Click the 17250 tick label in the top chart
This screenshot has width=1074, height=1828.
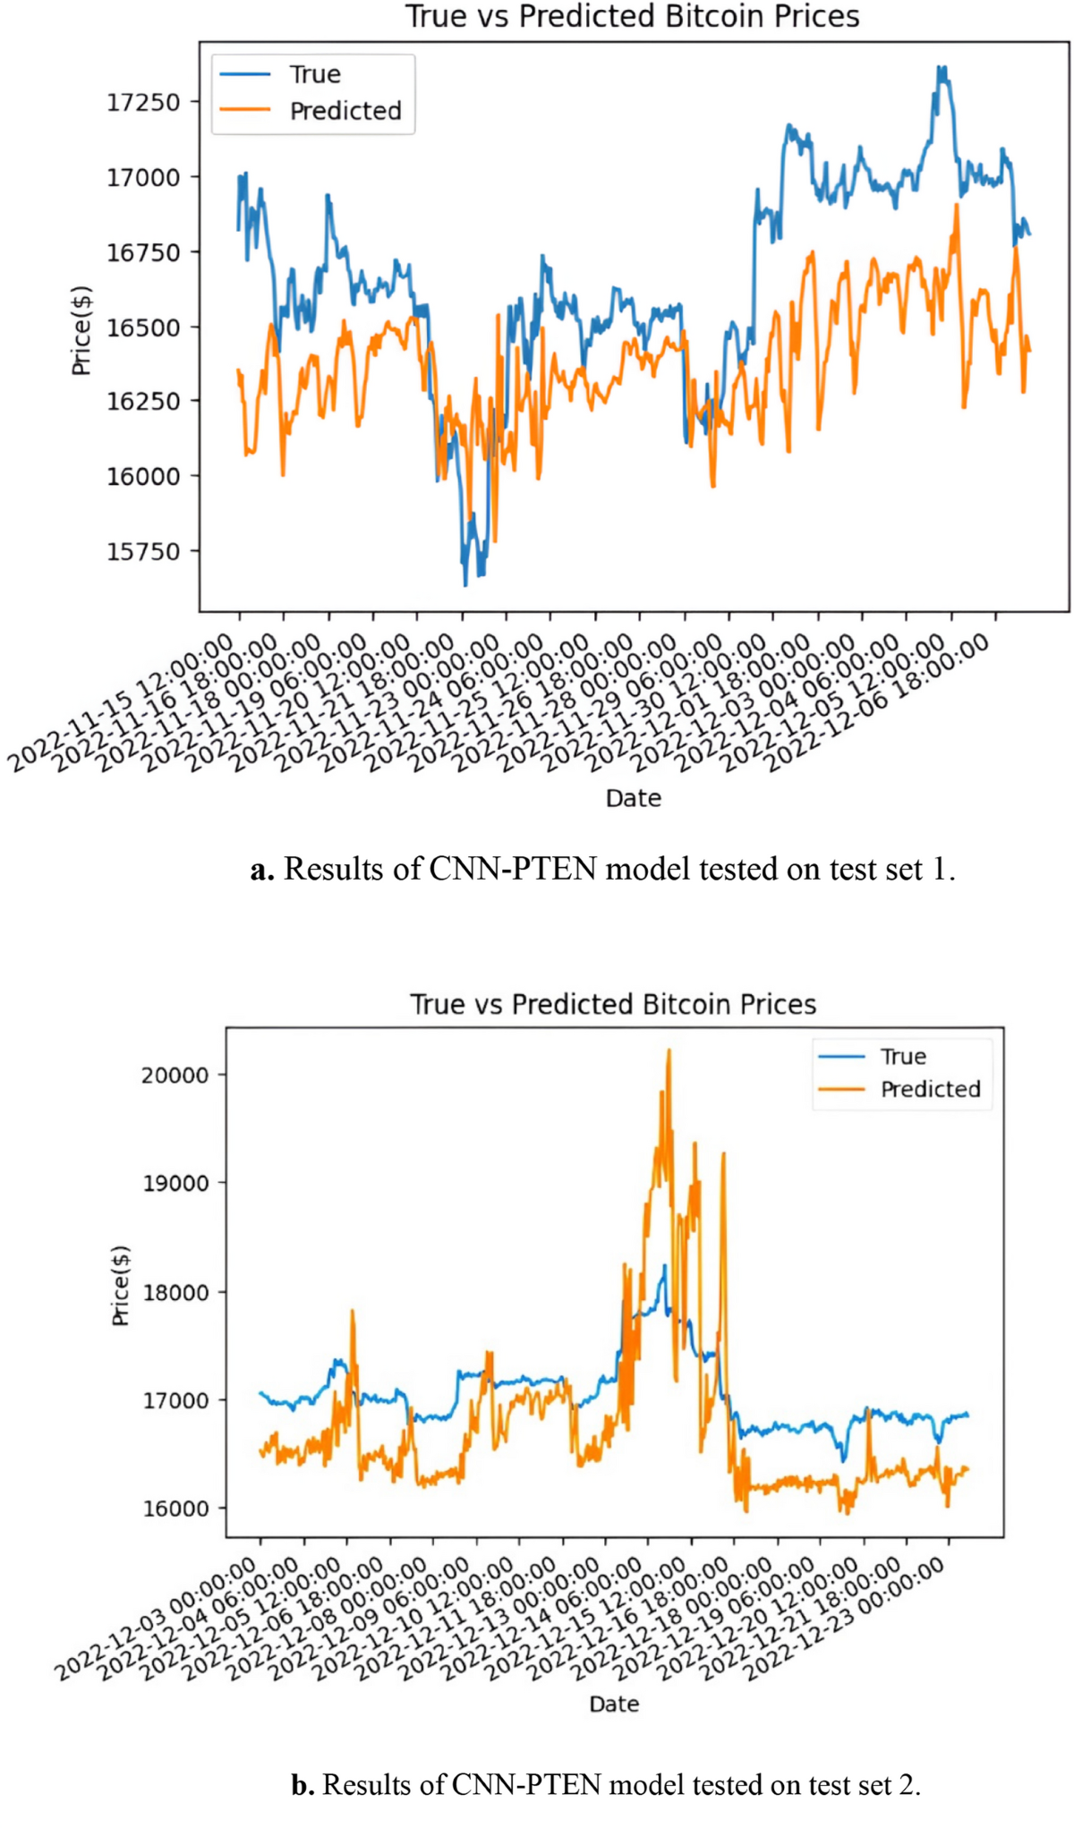tap(143, 103)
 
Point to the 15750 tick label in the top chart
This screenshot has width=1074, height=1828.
tap(143, 552)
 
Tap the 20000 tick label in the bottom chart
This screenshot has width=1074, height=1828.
tap(175, 1076)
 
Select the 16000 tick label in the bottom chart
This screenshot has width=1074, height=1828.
tap(175, 1509)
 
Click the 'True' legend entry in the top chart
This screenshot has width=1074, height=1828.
tap(314, 74)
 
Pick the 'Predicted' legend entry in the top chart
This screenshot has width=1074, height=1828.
tap(345, 111)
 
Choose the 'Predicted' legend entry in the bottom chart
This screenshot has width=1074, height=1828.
tap(930, 1089)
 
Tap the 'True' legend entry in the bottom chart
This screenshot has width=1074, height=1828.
tap(902, 1057)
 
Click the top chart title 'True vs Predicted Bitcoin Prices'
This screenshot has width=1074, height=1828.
tap(632, 16)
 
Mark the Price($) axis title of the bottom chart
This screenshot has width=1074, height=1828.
tap(121, 1286)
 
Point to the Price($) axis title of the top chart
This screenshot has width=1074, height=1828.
tap(81, 330)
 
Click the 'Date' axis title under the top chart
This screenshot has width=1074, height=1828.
tap(633, 798)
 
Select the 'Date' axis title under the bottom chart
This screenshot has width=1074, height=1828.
tap(614, 1704)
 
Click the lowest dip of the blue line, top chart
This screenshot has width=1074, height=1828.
tap(465, 585)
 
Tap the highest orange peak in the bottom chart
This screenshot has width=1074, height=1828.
tap(669, 1050)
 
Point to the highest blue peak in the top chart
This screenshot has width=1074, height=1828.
tap(940, 67)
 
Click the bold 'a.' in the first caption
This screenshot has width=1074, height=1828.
tap(261, 869)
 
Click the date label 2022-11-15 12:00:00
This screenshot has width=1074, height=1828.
tap(121, 703)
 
